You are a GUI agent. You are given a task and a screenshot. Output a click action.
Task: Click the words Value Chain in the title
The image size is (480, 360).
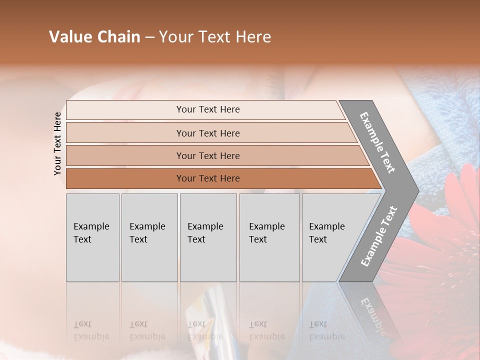pos(94,37)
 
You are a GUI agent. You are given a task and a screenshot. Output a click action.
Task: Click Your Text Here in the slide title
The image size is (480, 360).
pos(215,37)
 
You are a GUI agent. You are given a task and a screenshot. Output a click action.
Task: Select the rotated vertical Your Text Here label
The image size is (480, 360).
pos(57,143)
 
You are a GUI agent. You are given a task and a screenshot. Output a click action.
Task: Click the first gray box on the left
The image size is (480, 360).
pos(92,237)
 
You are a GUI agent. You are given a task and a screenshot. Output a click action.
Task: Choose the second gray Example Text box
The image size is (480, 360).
pos(149,237)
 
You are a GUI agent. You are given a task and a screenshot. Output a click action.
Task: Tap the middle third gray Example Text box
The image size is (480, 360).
pos(208,237)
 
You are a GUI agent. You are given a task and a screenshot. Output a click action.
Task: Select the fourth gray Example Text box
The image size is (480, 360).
pos(269,237)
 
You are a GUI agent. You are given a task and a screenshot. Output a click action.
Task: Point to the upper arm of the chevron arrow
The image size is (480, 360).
pos(377,142)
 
